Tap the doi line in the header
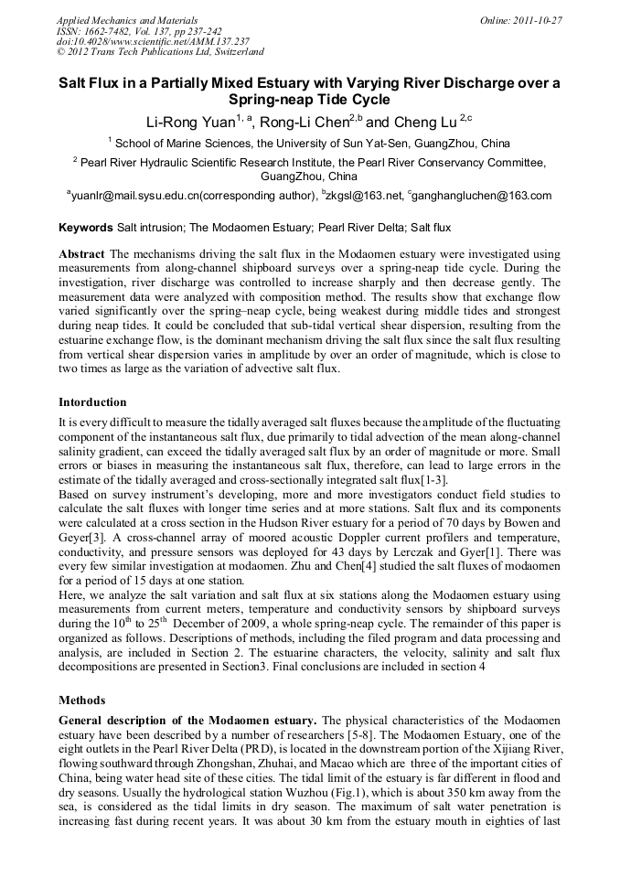click(153, 42)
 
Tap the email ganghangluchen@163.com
click(485, 196)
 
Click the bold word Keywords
click(86, 227)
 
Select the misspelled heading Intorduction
click(92, 402)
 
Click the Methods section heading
click(82, 701)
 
